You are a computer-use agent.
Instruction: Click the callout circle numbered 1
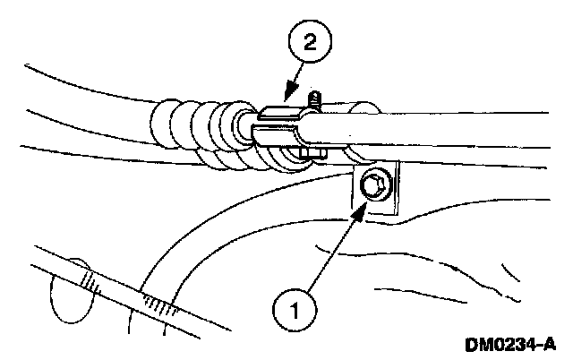coord(296,310)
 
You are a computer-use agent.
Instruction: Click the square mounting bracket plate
coord(374,193)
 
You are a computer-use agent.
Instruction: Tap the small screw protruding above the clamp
coord(313,97)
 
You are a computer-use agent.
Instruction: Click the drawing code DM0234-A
coord(509,344)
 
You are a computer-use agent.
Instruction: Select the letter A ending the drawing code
coord(550,344)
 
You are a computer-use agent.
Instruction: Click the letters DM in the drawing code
coord(477,344)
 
